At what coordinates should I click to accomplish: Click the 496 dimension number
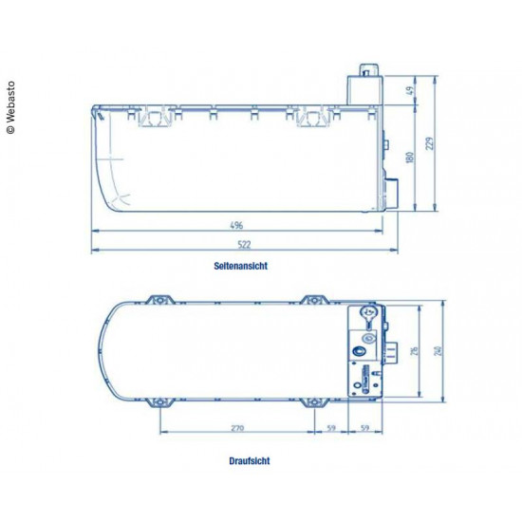pos(236,226)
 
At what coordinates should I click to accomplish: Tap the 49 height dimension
pos(409,91)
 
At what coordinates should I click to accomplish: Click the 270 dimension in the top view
pos(236,428)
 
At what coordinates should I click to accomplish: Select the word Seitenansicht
pos(240,267)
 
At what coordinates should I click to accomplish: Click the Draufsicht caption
pos(249,461)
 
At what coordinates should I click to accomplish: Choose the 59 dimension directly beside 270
pos(331,428)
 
